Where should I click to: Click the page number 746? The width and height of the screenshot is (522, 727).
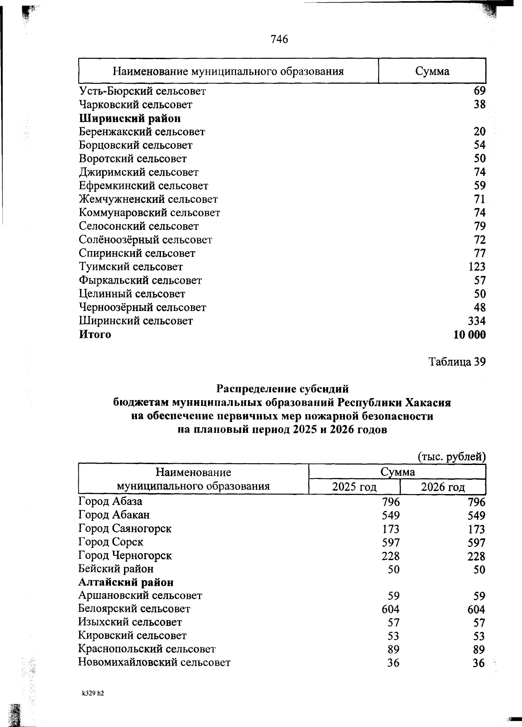click(279, 40)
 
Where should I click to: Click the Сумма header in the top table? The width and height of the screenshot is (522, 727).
click(432, 71)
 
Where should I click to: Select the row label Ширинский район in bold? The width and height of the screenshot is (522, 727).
click(130, 118)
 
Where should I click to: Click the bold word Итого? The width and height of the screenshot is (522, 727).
click(95, 335)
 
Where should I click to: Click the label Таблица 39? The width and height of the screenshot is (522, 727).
click(457, 362)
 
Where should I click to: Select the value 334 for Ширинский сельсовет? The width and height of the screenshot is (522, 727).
click(476, 321)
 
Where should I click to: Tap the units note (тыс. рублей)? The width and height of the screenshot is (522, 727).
click(451, 457)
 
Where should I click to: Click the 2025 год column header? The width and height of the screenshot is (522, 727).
click(354, 487)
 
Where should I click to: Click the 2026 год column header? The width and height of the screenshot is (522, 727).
click(443, 487)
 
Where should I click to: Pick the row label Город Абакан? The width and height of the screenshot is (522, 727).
click(114, 515)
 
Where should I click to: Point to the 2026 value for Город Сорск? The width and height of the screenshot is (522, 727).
click(476, 543)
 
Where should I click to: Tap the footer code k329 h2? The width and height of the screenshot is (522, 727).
click(93, 694)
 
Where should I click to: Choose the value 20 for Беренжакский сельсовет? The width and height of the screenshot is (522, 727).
click(479, 132)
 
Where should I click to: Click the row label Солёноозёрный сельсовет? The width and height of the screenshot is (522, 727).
click(145, 240)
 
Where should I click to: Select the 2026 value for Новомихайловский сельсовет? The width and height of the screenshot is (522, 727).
click(478, 663)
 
